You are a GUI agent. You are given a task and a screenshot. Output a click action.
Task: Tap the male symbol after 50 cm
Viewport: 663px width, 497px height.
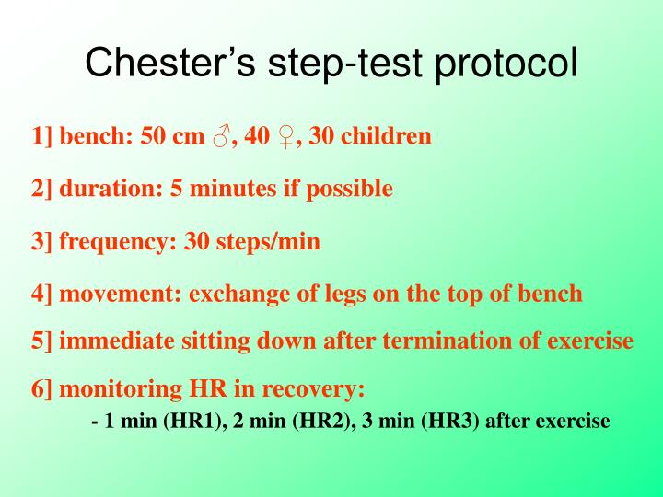click(220, 137)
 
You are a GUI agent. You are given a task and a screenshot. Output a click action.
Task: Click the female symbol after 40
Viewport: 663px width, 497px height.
click(286, 137)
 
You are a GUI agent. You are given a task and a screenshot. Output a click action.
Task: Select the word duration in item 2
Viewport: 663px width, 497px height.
click(98, 189)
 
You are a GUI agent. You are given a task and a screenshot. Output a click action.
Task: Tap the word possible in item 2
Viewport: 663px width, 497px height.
click(347, 190)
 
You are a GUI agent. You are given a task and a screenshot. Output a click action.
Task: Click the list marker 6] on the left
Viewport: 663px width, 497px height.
click(42, 389)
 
